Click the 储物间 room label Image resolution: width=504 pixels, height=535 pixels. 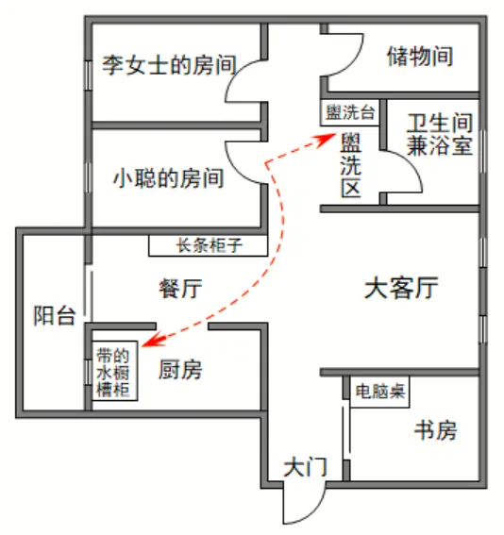click(x=420, y=56)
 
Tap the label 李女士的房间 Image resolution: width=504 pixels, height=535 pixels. click(x=169, y=65)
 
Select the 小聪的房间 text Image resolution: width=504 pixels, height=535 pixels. click(x=168, y=177)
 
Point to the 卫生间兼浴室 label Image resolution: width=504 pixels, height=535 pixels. click(x=440, y=134)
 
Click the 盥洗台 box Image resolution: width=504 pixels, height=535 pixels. click(x=350, y=112)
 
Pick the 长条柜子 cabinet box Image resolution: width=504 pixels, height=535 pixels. click(x=209, y=245)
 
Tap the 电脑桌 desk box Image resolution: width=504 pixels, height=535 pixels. click(x=379, y=392)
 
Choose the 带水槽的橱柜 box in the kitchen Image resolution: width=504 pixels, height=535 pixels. click(x=114, y=371)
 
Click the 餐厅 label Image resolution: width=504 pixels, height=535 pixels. click(x=180, y=289)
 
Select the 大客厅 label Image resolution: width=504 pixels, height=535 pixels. click(x=401, y=289)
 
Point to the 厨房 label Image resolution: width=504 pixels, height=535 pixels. click(x=180, y=370)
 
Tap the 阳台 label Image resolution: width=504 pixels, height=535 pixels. click(x=55, y=315)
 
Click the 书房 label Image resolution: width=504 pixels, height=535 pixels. click(x=436, y=430)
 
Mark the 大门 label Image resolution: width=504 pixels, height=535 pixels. click(x=305, y=467)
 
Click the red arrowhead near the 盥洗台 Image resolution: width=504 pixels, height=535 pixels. click(x=327, y=140)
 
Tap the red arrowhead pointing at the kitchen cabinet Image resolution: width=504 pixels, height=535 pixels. click(x=150, y=341)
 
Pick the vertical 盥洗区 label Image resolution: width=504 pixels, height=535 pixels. click(x=350, y=166)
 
